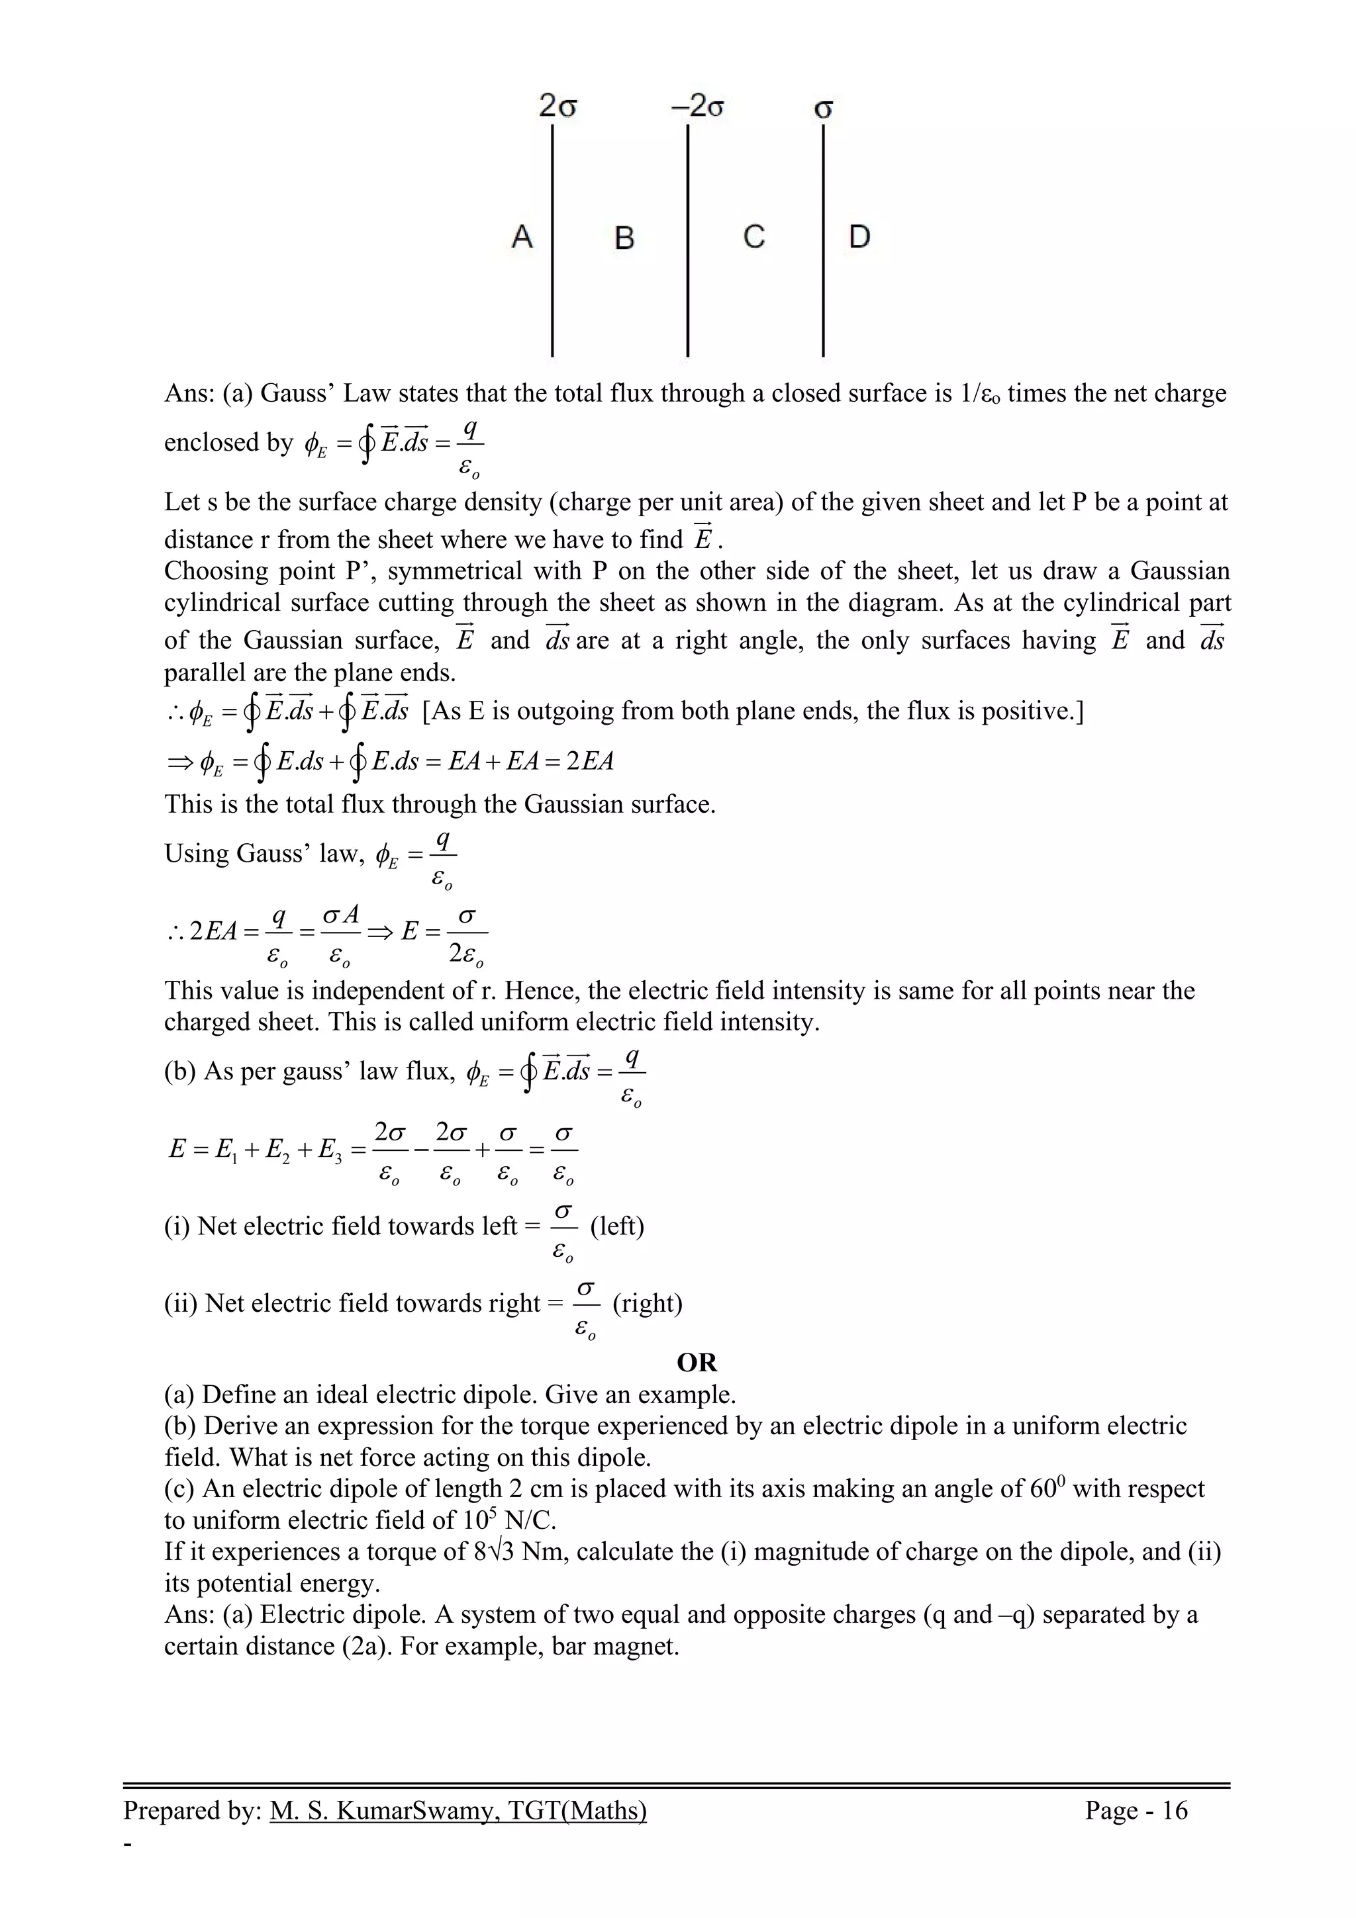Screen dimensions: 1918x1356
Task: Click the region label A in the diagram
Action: click(522, 237)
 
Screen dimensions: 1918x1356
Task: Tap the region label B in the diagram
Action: click(624, 238)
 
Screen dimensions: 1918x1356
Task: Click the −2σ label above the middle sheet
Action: click(696, 107)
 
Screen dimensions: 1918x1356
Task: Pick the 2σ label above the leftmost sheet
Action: click(558, 107)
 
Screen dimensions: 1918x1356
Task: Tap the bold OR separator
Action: click(697, 1363)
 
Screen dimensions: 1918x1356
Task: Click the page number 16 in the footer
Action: click(1175, 1809)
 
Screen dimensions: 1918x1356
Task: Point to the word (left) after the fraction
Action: click(616, 1226)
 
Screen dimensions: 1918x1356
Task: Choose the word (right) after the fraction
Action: click(648, 1303)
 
